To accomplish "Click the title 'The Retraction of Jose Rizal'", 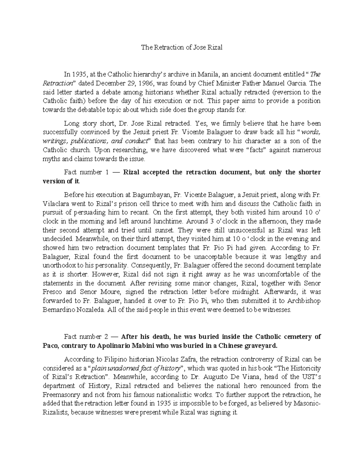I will tap(182, 48).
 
